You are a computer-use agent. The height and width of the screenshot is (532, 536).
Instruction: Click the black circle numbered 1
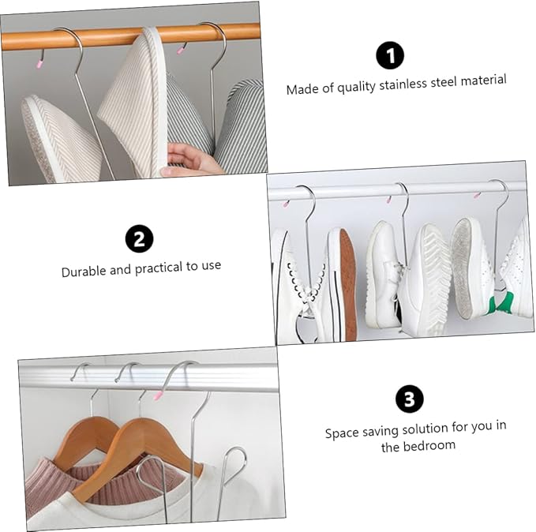coord(389,55)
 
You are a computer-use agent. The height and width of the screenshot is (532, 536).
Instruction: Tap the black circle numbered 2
coord(140,238)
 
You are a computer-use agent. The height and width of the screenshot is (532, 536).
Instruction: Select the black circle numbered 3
coord(409,399)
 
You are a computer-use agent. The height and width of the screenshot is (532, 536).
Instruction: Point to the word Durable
coord(85,270)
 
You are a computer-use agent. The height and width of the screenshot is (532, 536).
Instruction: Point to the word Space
coord(341,433)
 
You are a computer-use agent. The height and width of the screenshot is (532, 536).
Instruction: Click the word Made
coord(301,89)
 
